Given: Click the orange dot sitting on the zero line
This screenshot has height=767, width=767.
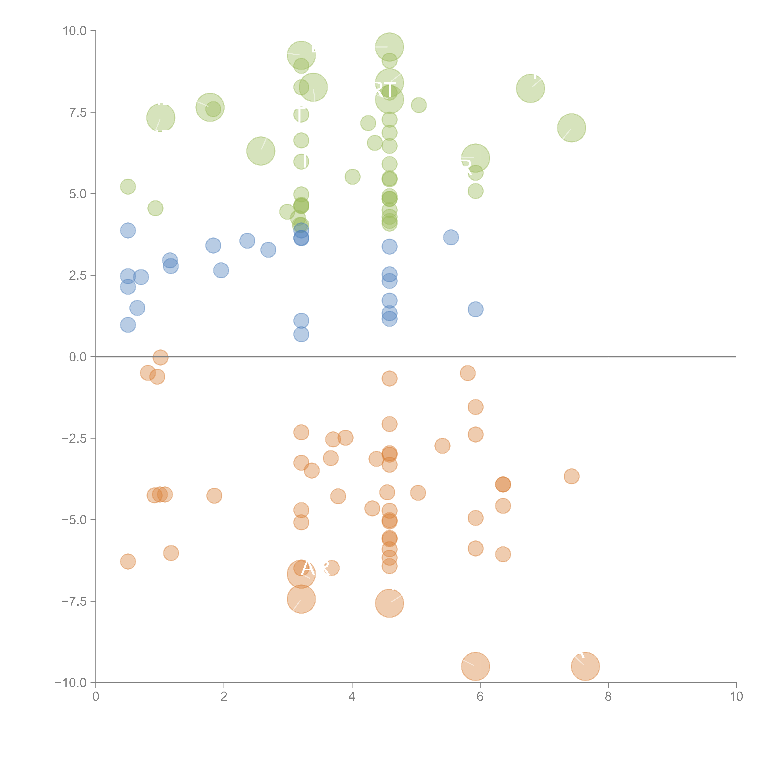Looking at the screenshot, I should pos(160,357).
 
